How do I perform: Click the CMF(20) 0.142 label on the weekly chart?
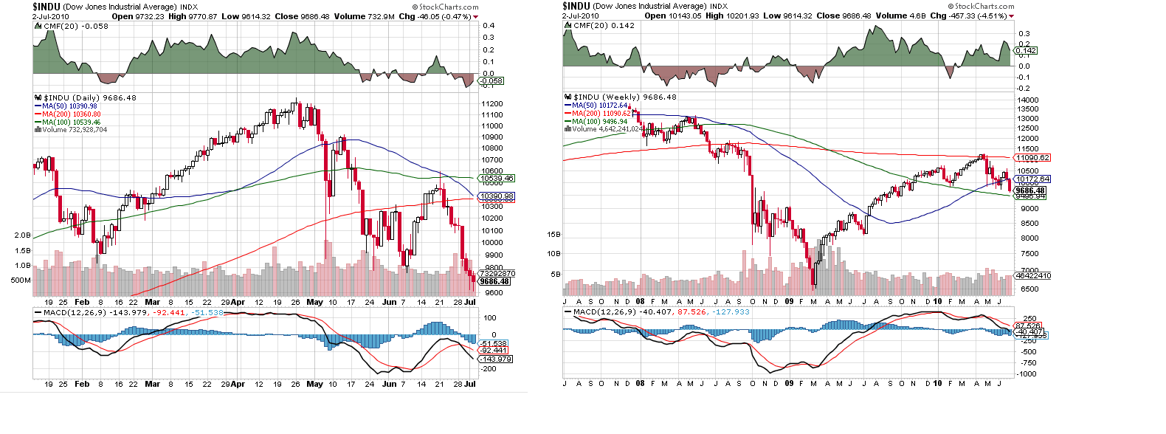604,25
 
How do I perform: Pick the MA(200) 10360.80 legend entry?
71,114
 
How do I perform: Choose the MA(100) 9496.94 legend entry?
600,122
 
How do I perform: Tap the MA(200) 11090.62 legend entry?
601,114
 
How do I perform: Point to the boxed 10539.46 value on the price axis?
497,179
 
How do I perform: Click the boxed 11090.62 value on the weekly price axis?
1032,158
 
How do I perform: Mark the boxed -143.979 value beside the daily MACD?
496,359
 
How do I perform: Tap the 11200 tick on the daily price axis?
492,104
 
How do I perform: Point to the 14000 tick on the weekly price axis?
1028,100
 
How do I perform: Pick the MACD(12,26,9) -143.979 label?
97,313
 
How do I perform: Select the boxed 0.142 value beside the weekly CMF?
1027,51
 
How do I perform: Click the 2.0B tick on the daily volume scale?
22,235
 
